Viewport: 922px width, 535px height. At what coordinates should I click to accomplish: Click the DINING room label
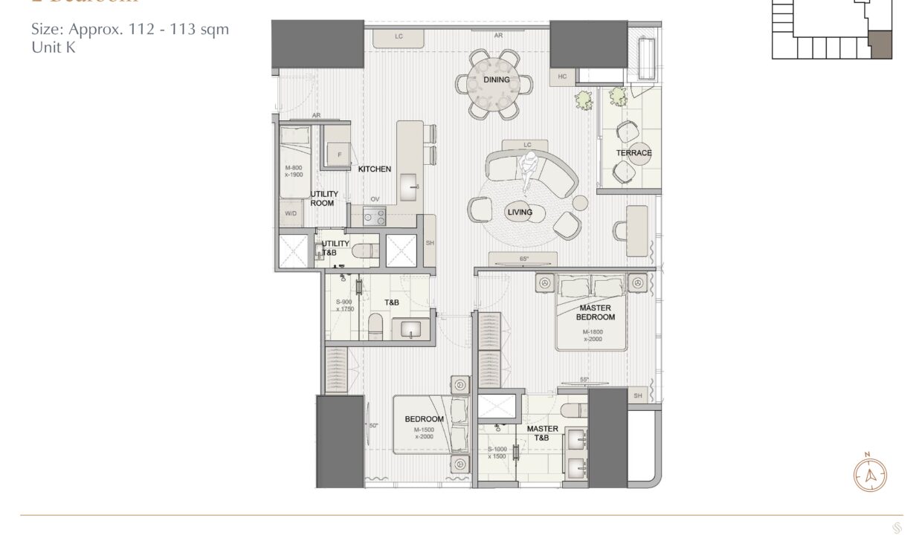(496, 80)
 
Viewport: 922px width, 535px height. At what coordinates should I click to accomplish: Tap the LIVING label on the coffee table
(520, 213)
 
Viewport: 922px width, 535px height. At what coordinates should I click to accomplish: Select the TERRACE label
(634, 153)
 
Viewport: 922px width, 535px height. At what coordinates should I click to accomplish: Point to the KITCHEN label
(375, 169)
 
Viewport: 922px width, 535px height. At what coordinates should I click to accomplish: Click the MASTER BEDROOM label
(595, 312)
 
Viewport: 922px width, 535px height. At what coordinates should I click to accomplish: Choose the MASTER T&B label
(542, 433)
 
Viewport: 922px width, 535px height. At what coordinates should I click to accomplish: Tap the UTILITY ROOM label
(323, 198)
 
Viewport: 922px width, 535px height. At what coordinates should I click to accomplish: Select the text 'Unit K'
(54, 48)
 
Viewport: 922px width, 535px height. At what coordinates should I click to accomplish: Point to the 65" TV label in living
(524, 259)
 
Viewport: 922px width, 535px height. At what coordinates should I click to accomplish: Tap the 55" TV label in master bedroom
(584, 380)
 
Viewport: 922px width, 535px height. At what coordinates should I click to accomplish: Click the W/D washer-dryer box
(290, 213)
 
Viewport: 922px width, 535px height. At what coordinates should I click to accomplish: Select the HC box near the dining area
(561, 77)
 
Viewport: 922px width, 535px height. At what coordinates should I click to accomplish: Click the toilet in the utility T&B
(361, 250)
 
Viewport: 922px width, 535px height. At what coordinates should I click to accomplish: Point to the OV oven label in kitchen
(375, 199)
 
